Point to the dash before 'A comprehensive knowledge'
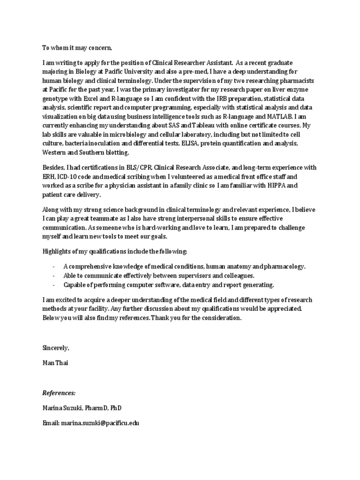pyautogui.click(x=53, y=267)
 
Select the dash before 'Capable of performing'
pyautogui.click(x=53, y=285)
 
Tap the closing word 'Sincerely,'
pyautogui.click(x=56, y=348)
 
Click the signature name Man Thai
pyautogui.click(x=55, y=363)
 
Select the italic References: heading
pyautogui.click(x=59, y=393)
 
